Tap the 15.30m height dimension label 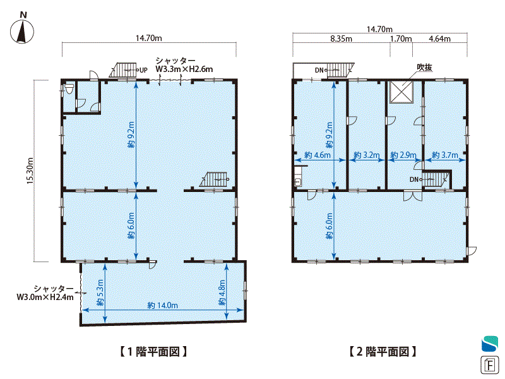tap(30, 171)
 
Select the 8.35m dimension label tap(341, 39)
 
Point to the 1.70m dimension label tap(401, 39)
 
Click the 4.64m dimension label tap(439, 39)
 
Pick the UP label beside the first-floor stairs tap(143, 70)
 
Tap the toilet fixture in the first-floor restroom tap(69, 88)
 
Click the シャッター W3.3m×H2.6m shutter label tap(184, 65)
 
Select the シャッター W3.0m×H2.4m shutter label tap(45, 292)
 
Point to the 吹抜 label tap(424, 68)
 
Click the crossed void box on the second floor tap(401, 92)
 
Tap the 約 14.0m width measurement tap(162, 305)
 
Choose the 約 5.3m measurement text tap(100, 292)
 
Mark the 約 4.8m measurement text tap(222, 292)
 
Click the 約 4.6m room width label tap(318, 155)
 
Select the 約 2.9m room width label tap(403, 155)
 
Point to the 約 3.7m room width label tap(445, 155)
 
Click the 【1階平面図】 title tap(153, 351)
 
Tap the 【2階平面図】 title tap(383, 351)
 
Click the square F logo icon tap(490, 365)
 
